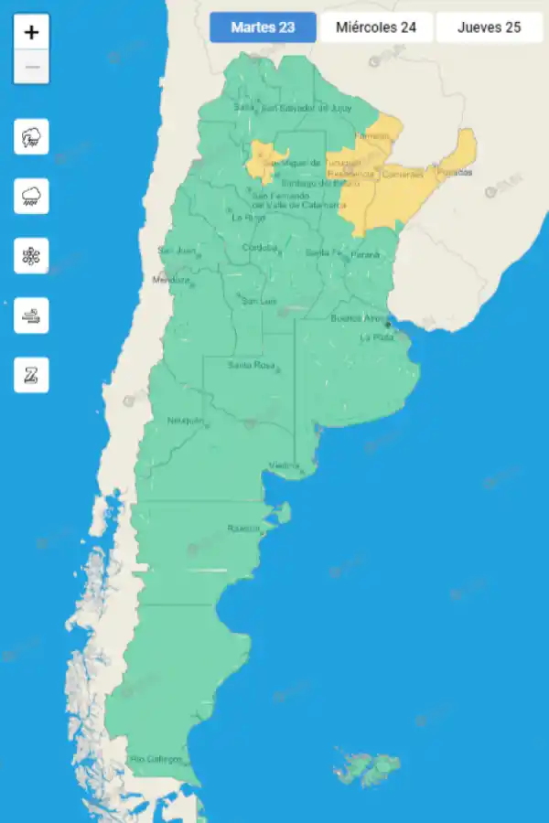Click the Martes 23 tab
263,27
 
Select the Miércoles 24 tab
376,27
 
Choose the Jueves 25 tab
489,27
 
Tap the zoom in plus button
32,33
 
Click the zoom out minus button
32,67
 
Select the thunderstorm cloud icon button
32,137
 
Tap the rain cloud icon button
32,197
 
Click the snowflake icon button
32,256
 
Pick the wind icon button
32,315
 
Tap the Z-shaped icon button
32,375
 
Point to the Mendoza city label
171,279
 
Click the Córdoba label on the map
259,248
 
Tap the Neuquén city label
186,421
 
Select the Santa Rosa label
252,366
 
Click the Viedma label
284,466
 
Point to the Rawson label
243,529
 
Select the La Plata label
377,337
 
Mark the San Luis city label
258,301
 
